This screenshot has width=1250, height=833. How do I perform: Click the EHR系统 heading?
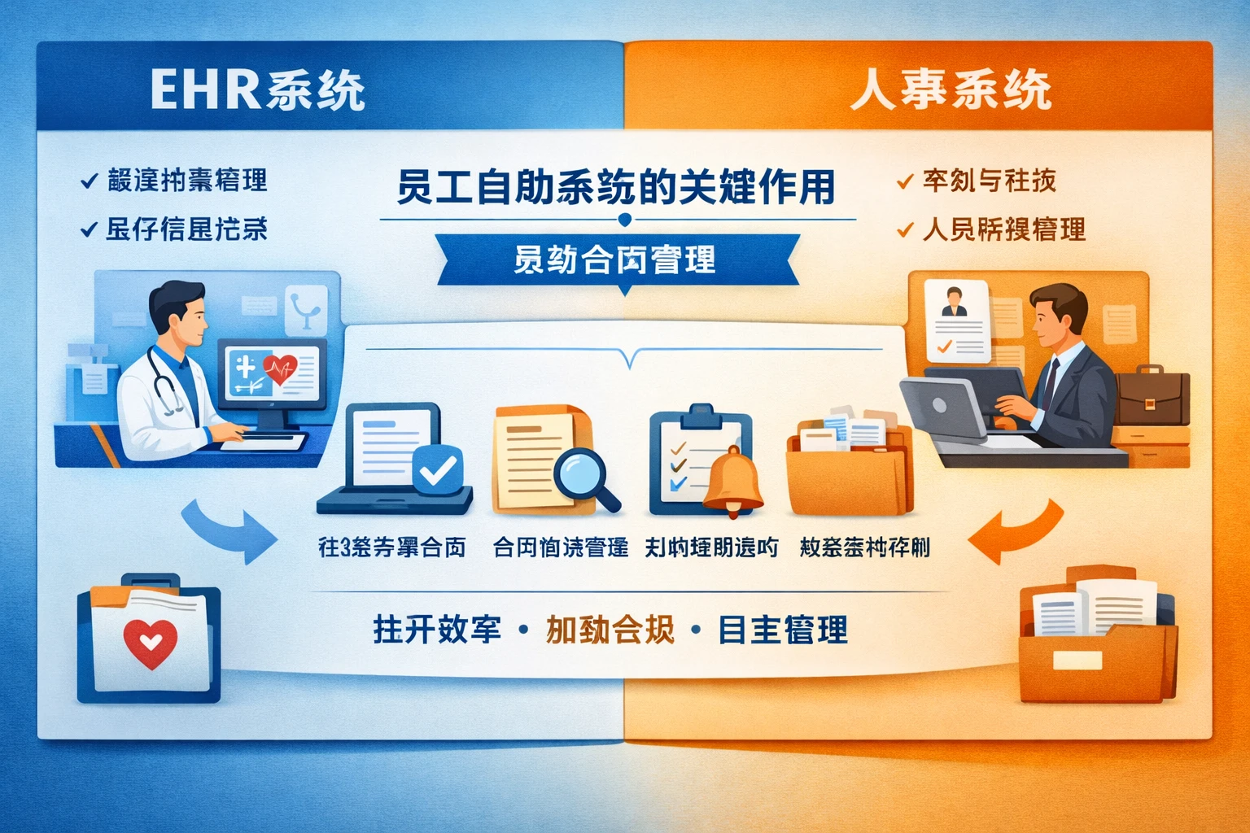pyautogui.click(x=257, y=89)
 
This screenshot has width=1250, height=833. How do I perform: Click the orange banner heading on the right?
pyautogui.click(x=951, y=89)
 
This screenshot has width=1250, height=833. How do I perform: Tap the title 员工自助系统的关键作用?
pyautogui.click(x=616, y=186)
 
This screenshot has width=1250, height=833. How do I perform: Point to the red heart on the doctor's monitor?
pyautogui.click(x=281, y=370)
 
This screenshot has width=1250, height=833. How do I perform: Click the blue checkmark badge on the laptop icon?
pyautogui.click(x=438, y=469)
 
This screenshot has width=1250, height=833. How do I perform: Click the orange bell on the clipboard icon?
pyautogui.click(x=733, y=481)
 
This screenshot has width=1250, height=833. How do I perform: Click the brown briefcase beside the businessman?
pyautogui.click(x=1151, y=396)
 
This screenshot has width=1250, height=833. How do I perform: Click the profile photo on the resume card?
pyautogui.click(x=953, y=301)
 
